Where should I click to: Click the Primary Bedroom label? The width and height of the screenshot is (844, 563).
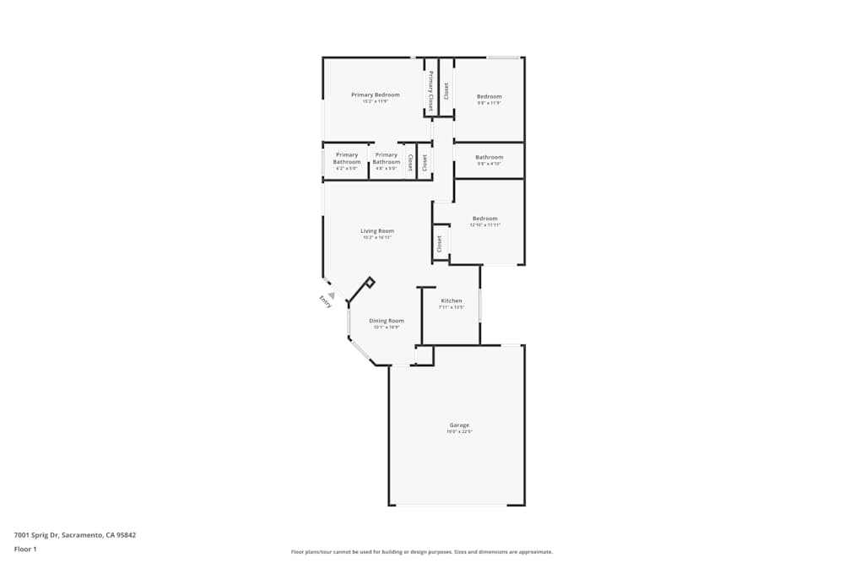tap(376, 95)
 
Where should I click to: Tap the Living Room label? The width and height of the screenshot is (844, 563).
tap(377, 230)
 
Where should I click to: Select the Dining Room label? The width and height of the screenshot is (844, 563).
tap(387, 321)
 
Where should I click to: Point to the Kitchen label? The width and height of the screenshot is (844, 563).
tap(452, 300)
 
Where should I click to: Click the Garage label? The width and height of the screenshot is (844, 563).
tap(459, 425)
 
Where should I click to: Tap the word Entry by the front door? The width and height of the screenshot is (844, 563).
tap(325, 301)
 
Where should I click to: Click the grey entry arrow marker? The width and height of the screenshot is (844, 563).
tap(332, 295)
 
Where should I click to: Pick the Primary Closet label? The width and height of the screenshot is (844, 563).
tap(430, 91)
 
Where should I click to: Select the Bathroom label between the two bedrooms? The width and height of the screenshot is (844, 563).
tap(489, 157)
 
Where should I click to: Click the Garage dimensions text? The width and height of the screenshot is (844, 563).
tap(459, 432)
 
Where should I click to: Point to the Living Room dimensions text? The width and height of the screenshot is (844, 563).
tap(377, 238)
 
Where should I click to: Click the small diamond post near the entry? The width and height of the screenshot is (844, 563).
tap(370, 283)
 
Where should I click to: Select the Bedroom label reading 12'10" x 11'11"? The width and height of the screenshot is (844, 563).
tap(485, 219)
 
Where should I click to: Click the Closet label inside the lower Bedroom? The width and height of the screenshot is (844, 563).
tap(439, 244)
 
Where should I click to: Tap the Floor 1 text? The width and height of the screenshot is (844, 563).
tap(25, 549)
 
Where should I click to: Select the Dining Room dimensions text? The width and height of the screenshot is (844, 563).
tap(387, 328)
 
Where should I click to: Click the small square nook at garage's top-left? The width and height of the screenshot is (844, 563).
tap(425, 356)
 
